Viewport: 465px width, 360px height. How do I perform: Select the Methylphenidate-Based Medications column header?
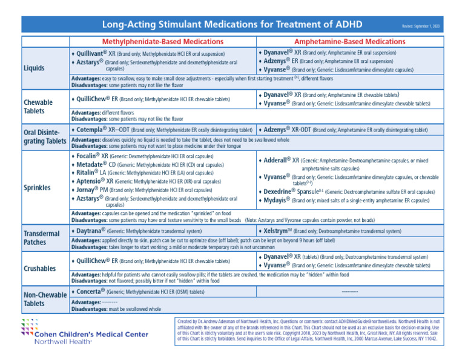[x=162, y=42]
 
